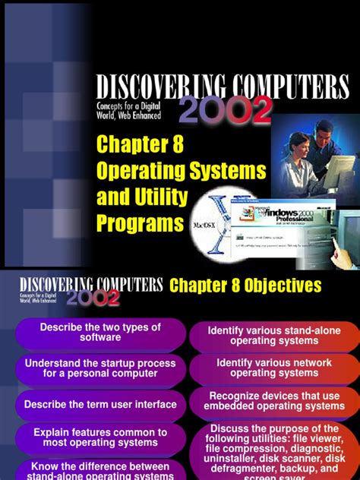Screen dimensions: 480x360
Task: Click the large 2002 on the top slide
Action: (x=226, y=111)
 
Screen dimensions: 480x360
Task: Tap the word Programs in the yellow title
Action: (x=140, y=223)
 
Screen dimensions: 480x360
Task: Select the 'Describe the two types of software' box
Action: (x=101, y=332)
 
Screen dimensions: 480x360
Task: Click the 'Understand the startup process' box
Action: (x=101, y=368)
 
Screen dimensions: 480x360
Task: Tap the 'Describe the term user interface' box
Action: (x=101, y=405)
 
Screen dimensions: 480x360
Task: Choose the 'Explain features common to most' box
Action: (x=101, y=438)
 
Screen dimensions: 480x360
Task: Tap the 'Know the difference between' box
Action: (x=101, y=470)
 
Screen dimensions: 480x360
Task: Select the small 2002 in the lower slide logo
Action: (x=92, y=298)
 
